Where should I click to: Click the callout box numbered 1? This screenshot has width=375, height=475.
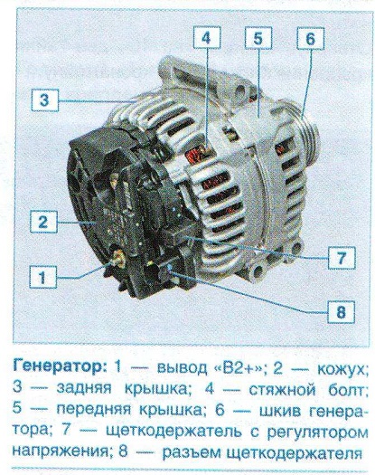pos(42,277)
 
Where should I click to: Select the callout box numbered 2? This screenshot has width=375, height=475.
pos(43,222)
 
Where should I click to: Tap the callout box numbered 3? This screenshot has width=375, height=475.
pos(44,100)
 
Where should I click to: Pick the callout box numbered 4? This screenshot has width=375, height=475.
pos(207,38)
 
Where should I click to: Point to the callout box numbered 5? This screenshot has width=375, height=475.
pos(258,38)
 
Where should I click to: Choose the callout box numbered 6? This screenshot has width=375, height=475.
pos(311,39)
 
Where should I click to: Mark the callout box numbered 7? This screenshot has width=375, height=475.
pos(342,258)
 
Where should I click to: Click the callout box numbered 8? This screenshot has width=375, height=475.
pos(341,312)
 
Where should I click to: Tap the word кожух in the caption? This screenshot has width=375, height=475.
pos(343,368)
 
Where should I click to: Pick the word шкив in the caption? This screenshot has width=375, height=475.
pos(280,411)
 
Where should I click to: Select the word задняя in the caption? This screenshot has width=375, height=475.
pos(84,389)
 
